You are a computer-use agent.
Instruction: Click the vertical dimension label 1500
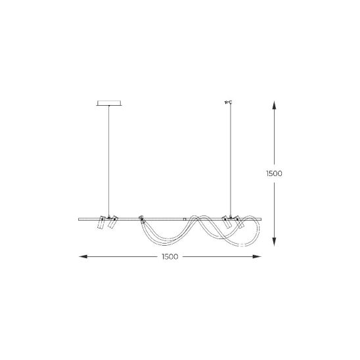(x=274, y=173)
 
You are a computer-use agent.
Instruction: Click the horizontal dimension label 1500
(x=170, y=257)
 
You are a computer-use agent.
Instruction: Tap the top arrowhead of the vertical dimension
(x=274, y=105)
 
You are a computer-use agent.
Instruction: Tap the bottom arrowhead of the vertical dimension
(x=274, y=242)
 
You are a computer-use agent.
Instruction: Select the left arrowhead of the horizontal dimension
(x=83, y=256)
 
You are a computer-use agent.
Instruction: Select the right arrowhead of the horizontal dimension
(x=257, y=256)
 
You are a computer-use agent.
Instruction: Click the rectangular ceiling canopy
(x=109, y=103)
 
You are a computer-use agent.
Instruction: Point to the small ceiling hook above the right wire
(x=229, y=102)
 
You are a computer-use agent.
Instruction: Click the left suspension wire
(x=109, y=161)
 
